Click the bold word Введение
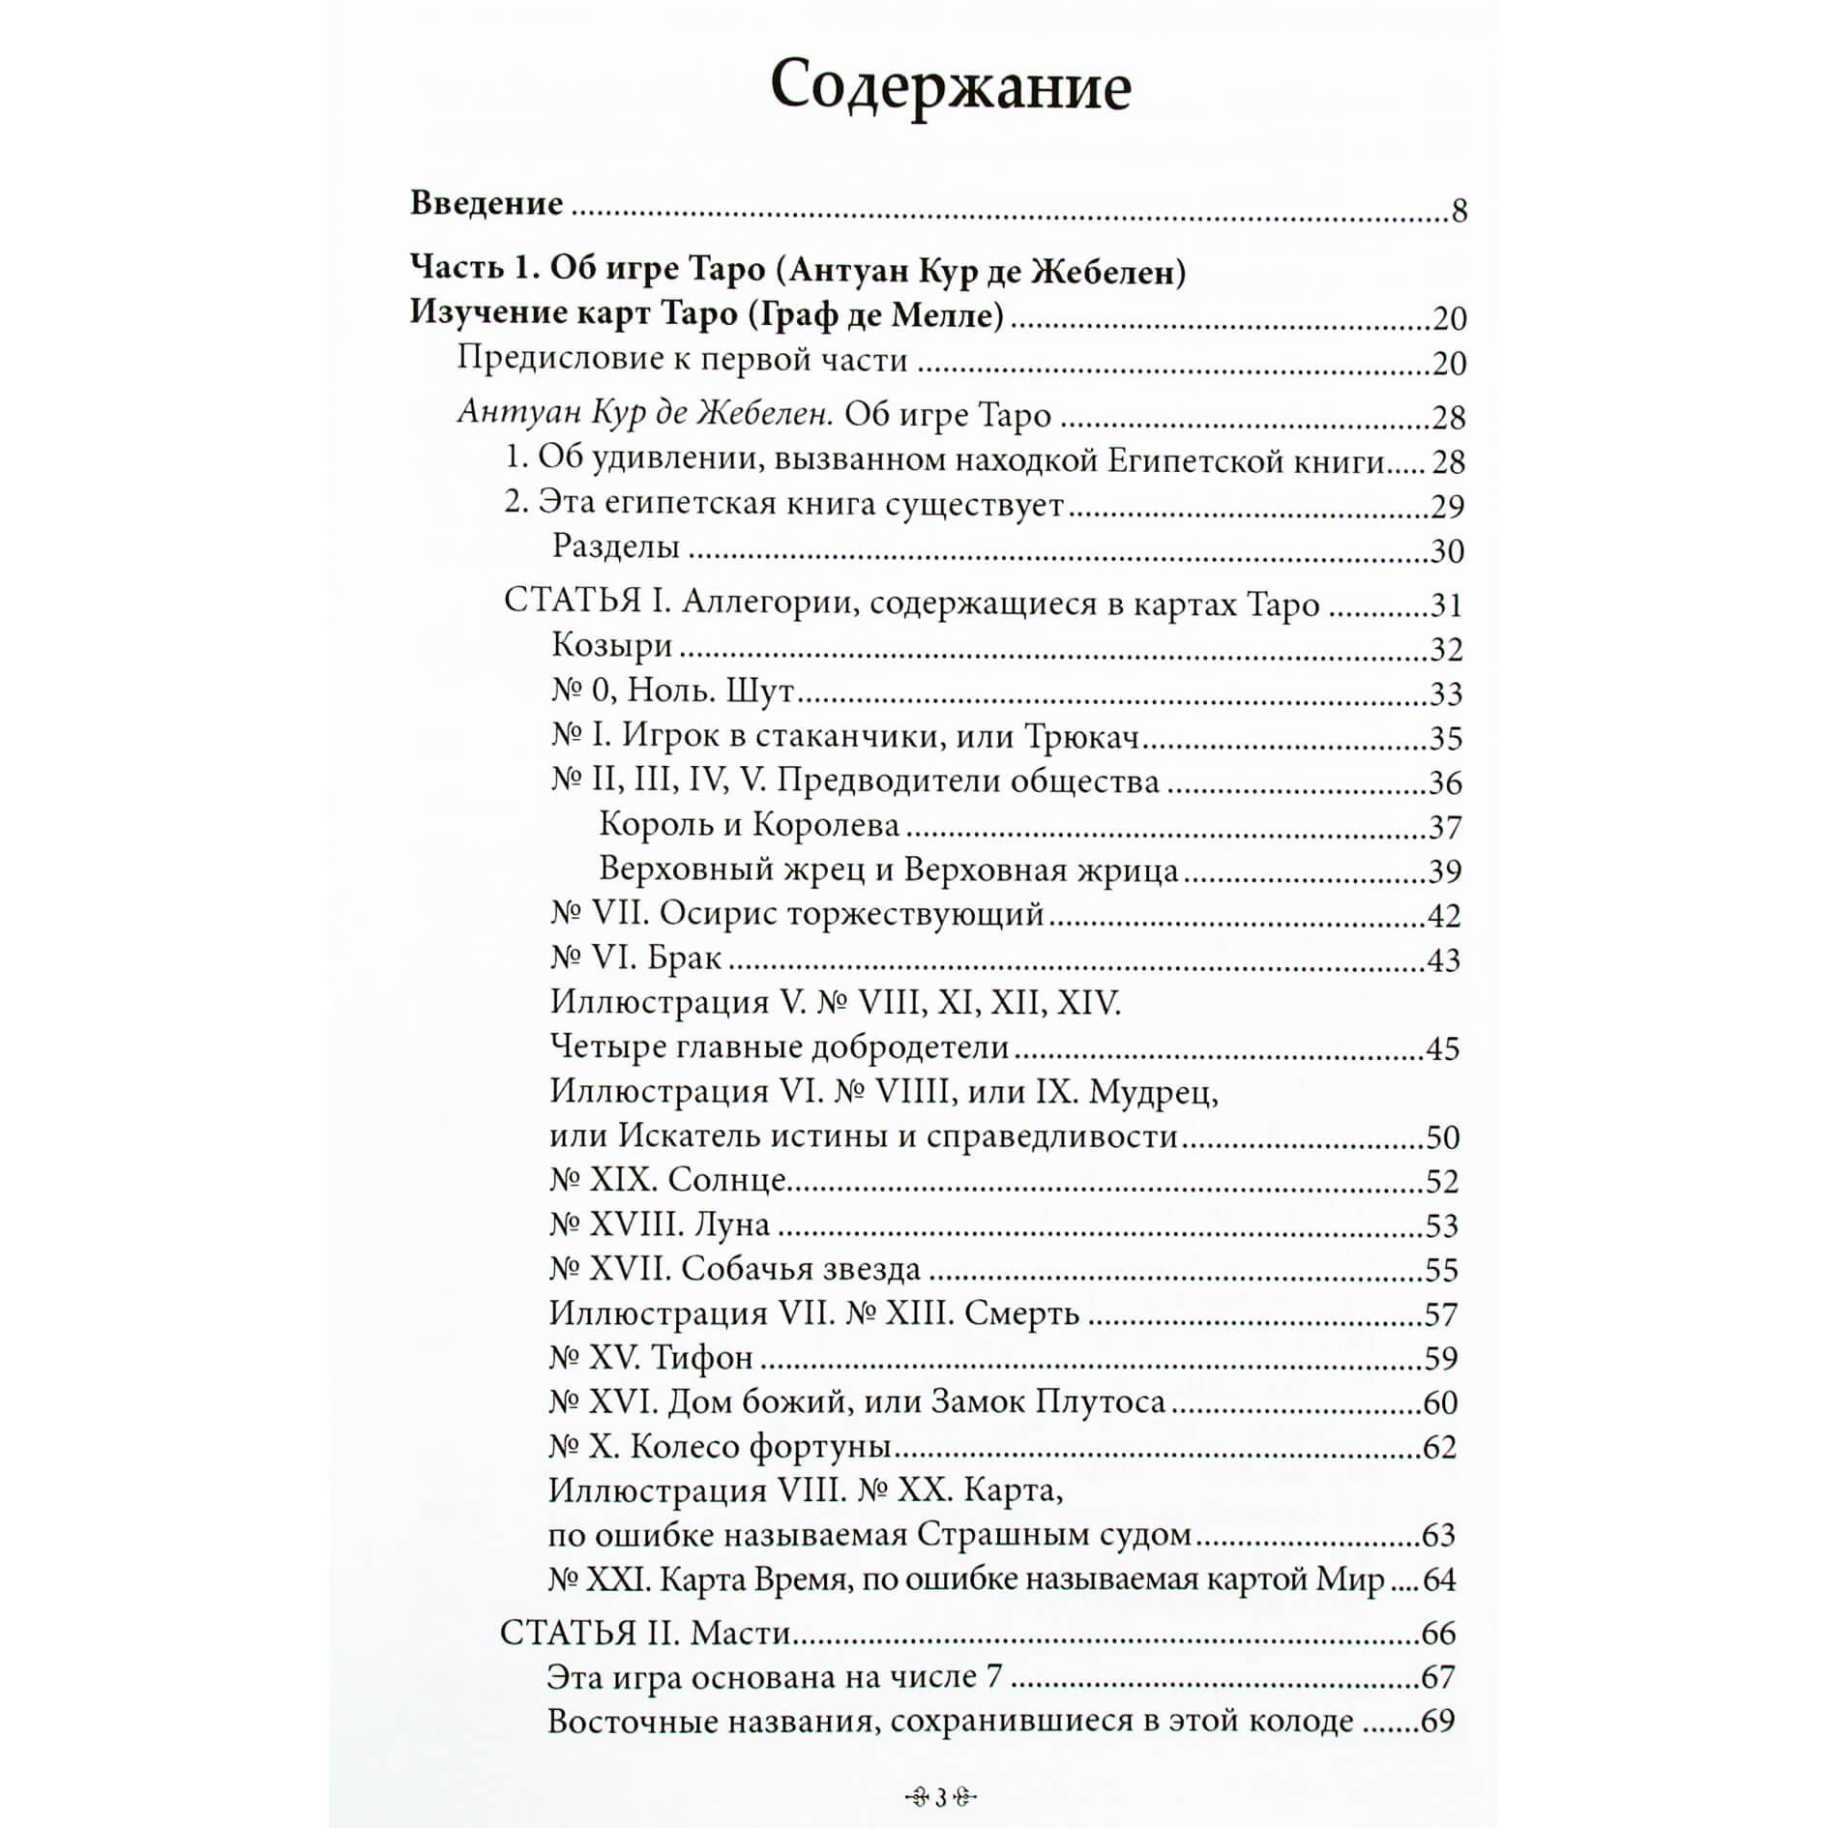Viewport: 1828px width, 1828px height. (x=486, y=203)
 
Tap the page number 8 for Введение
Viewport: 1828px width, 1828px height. (x=1459, y=210)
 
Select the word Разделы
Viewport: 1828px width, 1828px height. (x=616, y=546)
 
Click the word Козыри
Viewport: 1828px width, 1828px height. (x=612, y=645)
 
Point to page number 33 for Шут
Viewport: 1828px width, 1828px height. (x=1446, y=693)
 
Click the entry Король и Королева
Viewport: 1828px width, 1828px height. (x=750, y=825)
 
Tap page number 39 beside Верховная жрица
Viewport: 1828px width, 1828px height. (x=1445, y=871)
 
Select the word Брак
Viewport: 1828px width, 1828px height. (x=685, y=958)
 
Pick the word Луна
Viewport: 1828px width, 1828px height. (x=732, y=1224)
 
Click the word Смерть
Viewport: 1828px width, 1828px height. (x=1021, y=1313)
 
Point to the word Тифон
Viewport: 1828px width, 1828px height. (x=701, y=1358)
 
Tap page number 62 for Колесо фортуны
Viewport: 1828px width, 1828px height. (x=1439, y=1447)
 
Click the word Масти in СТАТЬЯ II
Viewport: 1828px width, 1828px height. (x=742, y=1633)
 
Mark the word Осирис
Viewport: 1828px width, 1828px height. (x=721, y=914)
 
